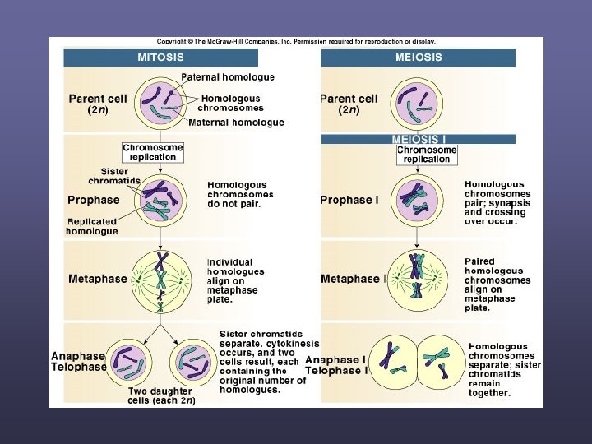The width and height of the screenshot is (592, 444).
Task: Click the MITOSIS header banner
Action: coord(160,58)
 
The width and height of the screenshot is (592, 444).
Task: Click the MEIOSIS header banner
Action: coord(418,58)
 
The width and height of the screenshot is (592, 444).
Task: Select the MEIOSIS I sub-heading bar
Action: coord(418,139)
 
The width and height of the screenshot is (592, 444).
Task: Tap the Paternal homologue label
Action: coord(228,77)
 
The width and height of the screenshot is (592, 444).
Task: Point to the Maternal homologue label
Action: coord(236,123)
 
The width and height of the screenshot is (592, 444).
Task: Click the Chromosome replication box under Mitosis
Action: coord(153,152)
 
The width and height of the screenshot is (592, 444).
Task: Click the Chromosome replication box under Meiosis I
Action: coord(427,154)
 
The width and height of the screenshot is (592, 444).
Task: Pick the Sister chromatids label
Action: coord(115,175)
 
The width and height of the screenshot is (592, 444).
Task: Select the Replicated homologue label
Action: coord(92,226)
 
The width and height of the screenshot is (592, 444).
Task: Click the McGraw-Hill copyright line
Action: coord(296,41)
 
